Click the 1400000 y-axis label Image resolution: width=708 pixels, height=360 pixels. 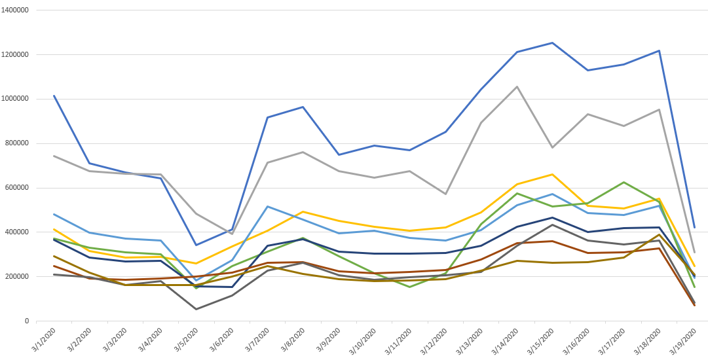point(16,10)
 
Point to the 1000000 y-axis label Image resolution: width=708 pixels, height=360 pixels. point(16,99)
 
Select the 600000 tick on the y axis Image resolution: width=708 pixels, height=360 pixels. point(18,188)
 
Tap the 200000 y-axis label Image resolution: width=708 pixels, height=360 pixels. point(18,276)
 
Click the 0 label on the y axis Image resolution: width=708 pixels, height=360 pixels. point(27,321)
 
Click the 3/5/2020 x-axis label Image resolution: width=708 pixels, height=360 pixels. point(185,340)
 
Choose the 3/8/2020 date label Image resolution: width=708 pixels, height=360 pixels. point(291,340)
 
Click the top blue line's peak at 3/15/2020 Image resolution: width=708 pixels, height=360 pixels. point(552,43)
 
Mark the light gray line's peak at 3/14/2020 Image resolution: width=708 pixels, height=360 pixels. point(517,86)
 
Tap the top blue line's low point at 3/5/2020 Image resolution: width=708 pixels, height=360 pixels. point(196,245)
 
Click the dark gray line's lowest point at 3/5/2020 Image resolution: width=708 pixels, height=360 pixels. point(196,309)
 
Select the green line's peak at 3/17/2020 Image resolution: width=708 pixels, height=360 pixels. point(623,182)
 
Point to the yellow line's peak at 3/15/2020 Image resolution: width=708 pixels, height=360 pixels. point(552,174)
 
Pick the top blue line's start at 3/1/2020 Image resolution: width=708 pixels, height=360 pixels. point(54,96)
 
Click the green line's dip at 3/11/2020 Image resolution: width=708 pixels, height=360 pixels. point(410,287)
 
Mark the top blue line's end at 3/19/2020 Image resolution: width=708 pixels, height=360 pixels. point(694,227)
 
